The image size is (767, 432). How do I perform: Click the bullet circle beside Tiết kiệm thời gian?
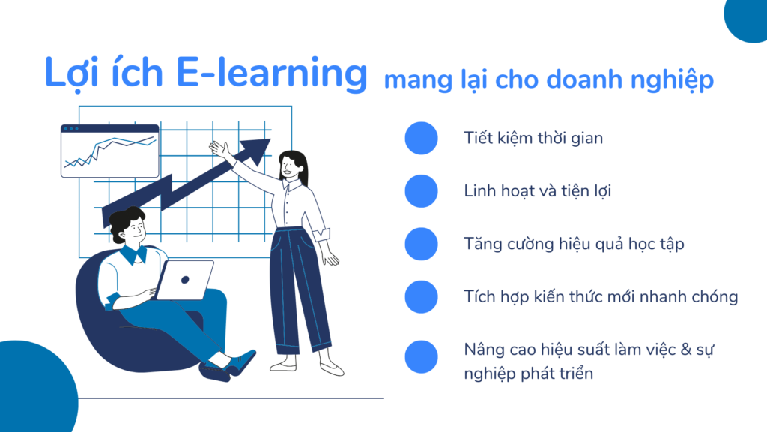pyautogui.click(x=421, y=139)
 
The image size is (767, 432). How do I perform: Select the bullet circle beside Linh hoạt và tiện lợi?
pyautogui.click(x=421, y=191)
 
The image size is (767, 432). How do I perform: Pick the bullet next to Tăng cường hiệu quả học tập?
pyautogui.click(x=421, y=244)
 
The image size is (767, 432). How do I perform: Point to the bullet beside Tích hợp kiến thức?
pyautogui.click(x=421, y=296)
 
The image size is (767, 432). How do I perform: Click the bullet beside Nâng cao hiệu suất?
pyautogui.click(x=421, y=356)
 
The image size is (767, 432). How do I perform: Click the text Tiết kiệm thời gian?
pyautogui.click(x=533, y=139)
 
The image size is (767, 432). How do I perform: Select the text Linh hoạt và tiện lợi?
pyautogui.click(x=537, y=191)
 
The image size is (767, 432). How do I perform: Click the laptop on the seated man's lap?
pyautogui.click(x=184, y=280)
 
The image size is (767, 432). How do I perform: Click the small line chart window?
pyautogui.click(x=109, y=151)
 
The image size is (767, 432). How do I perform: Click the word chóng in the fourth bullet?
pyautogui.click(x=712, y=296)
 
